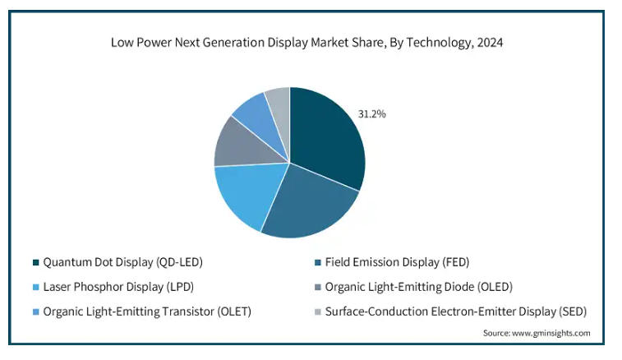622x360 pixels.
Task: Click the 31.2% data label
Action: point(371,114)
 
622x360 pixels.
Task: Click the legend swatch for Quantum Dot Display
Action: point(35,263)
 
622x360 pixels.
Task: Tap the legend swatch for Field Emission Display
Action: point(318,263)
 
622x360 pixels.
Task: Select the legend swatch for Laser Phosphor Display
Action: point(35,288)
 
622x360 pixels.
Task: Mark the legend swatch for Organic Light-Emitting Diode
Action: point(318,288)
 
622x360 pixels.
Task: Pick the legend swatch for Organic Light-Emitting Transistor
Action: point(35,312)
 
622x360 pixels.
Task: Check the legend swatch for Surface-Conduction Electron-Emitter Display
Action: point(318,312)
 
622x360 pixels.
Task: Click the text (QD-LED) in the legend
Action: point(178,263)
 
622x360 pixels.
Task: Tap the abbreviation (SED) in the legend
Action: point(571,312)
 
